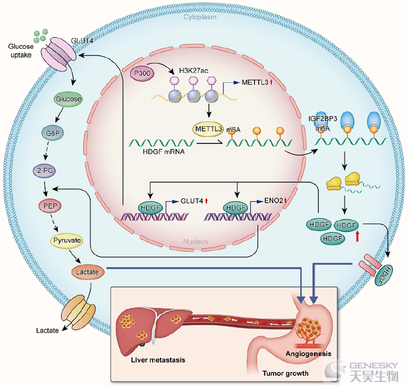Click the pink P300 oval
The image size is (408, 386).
[142, 73]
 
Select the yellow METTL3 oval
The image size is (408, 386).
[208, 129]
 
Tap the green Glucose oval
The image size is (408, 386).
[68, 99]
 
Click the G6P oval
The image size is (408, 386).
[52, 133]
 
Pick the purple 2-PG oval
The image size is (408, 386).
[45, 171]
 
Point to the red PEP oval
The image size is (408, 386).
[50, 206]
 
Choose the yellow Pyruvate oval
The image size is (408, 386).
[67, 240]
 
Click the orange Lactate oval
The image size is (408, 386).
[87, 272]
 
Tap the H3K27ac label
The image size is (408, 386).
[193, 71]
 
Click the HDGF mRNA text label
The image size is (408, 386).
[164, 152]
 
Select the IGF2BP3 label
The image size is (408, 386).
[323, 119]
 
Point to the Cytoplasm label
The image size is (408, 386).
[200, 17]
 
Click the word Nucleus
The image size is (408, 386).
[196, 241]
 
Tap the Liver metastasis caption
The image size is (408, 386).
[158, 360]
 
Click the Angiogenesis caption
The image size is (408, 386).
[308, 354]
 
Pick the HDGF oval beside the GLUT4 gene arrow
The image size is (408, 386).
[150, 208]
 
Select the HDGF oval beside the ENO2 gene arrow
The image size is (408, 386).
[236, 208]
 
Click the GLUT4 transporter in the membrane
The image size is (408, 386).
[58, 54]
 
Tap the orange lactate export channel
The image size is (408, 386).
[78, 313]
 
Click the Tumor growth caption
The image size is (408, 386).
[285, 373]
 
